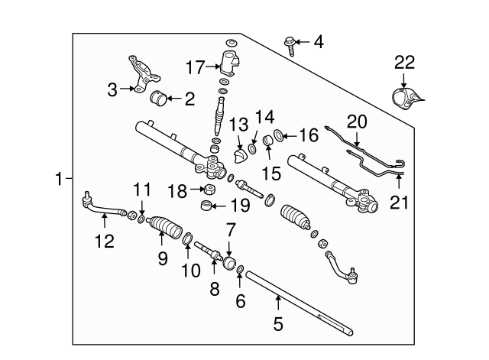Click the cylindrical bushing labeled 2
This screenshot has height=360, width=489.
(x=159, y=99)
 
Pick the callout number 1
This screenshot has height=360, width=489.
(x=59, y=180)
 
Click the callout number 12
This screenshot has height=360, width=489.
(x=104, y=242)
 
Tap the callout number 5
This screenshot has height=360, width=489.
(x=277, y=323)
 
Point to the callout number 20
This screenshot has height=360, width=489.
(x=357, y=120)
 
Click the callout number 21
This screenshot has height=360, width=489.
(x=399, y=203)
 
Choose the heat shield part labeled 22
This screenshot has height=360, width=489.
(x=403, y=99)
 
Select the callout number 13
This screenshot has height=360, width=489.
(x=239, y=124)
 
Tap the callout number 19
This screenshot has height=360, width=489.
(x=240, y=206)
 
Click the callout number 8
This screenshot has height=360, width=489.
(x=215, y=289)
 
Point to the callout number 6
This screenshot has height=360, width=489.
(x=240, y=301)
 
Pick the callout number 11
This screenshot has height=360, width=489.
(x=142, y=189)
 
